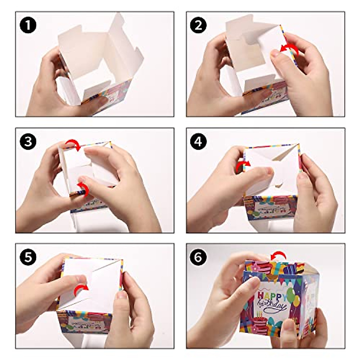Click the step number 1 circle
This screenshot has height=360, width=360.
tap(28, 25)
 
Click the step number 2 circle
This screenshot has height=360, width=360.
tap(198, 25)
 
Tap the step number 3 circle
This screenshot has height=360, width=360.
tap(28, 141)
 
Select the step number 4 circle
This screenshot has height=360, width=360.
tap(198, 141)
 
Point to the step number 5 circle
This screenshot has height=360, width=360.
tap(28, 257)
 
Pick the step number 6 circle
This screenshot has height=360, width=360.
tap(198, 257)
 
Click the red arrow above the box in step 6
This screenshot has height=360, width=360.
tap(277, 256)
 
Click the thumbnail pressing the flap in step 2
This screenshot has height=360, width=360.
tap(275, 53)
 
